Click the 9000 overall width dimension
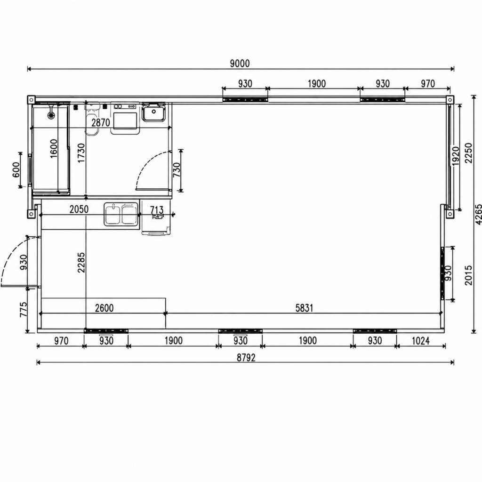pyautogui.click(x=240, y=64)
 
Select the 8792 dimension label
pyautogui.click(x=246, y=358)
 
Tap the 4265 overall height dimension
pyautogui.click(x=478, y=214)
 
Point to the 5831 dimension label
pyautogui.click(x=304, y=308)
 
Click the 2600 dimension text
pyautogui.click(x=104, y=308)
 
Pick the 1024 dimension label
pyautogui.click(x=420, y=341)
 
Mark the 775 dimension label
pyautogui.click(x=24, y=310)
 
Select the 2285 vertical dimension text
pyautogui.click(x=81, y=262)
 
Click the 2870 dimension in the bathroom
pyautogui.click(x=101, y=123)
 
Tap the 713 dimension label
pyautogui.click(x=157, y=210)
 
